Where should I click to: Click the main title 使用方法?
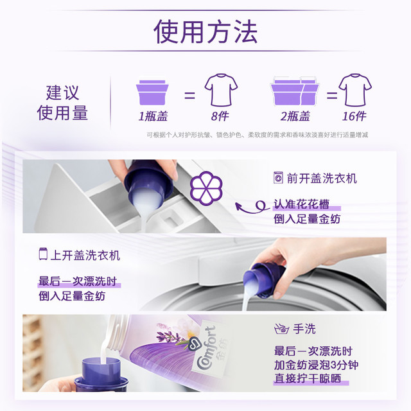pyautogui.click(x=205, y=31)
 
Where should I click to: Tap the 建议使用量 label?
pyautogui.click(x=62, y=103)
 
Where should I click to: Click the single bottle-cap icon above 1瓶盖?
pyautogui.click(x=152, y=92)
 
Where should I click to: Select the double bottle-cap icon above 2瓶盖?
pyautogui.click(x=295, y=91)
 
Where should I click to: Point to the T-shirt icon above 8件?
pyautogui.click(x=221, y=90)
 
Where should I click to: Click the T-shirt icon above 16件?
pyautogui.click(x=355, y=90)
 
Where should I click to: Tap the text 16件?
pyautogui.click(x=354, y=116)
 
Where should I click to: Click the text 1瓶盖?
pyautogui.click(x=153, y=116)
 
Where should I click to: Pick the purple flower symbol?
pyautogui.click(x=206, y=188)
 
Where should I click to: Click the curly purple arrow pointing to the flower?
pyautogui.click(x=252, y=207)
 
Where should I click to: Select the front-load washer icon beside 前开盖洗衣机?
pyautogui.click(x=278, y=178)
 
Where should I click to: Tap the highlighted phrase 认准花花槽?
pyautogui.click(x=301, y=204)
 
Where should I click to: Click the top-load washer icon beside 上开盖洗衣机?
pyautogui.click(x=43, y=254)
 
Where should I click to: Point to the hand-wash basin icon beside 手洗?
pyautogui.click(x=281, y=329)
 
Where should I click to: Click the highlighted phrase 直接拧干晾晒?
pyautogui.click(x=308, y=379)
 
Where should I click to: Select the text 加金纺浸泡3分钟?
pyautogui.click(x=316, y=365)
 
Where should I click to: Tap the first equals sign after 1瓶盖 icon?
pyautogui.click(x=190, y=95)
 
